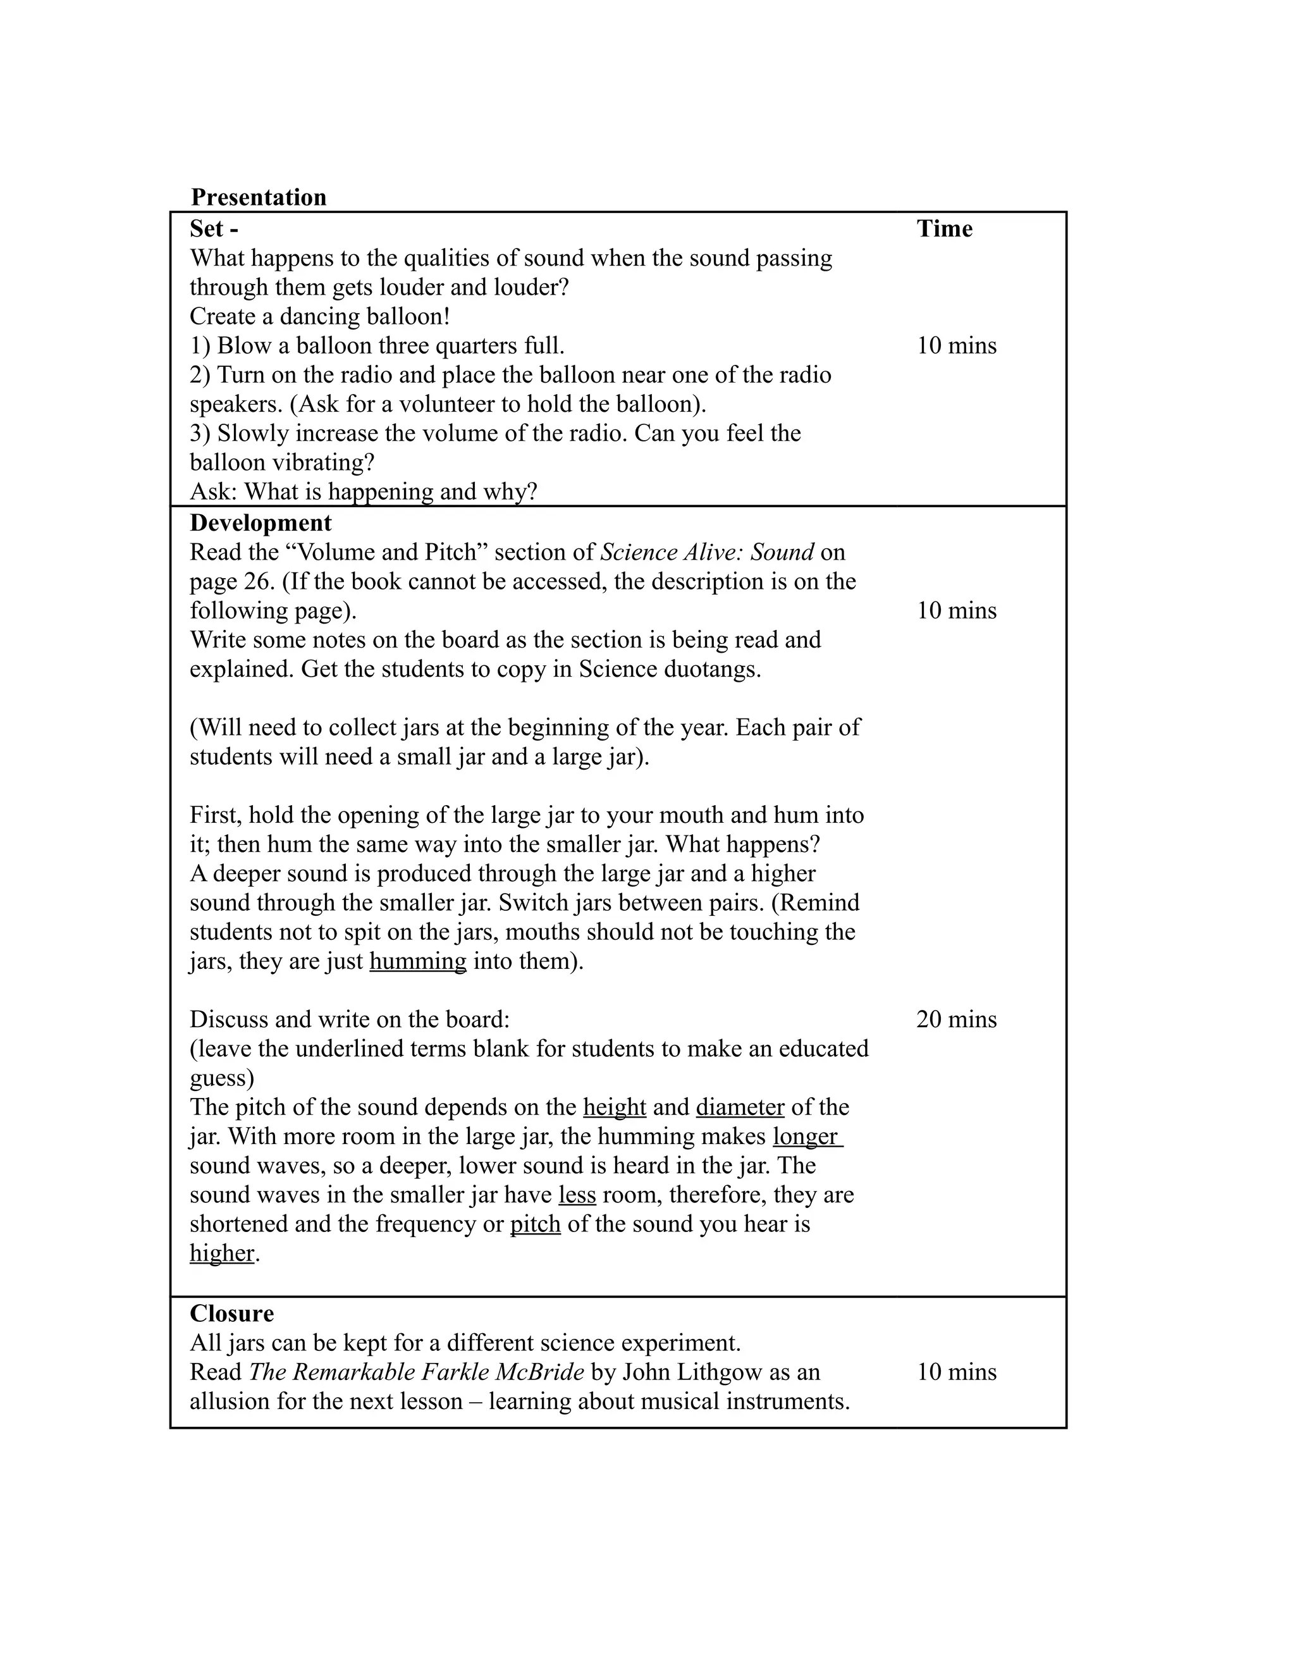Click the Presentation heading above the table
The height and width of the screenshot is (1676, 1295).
pyautogui.click(x=259, y=197)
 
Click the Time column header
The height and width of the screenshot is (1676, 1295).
pyautogui.click(x=945, y=229)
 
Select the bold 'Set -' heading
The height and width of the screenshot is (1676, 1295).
pyautogui.click(x=214, y=229)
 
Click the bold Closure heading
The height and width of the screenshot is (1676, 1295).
pyautogui.click(x=231, y=1313)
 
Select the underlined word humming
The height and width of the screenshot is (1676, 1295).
pyautogui.click(x=417, y=961)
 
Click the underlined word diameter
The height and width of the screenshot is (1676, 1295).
pyautogui.click(x=740, y=1107)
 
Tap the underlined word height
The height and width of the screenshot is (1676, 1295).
pyautogui.click(x=615, y=1107)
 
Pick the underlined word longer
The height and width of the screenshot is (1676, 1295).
pyautogui.click(x=806, y=1136)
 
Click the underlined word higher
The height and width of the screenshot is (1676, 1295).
pyautogui.click(x=222, y=1252)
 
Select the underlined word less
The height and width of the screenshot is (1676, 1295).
pyautogui.click(x=577, y=1194)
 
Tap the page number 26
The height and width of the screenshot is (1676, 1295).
pyautogui.click(x=259, y=581)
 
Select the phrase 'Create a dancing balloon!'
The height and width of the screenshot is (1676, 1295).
pyautogui.click(x=320, y=316)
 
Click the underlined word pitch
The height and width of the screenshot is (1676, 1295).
pyautogui.click(x=536, y=1223)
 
